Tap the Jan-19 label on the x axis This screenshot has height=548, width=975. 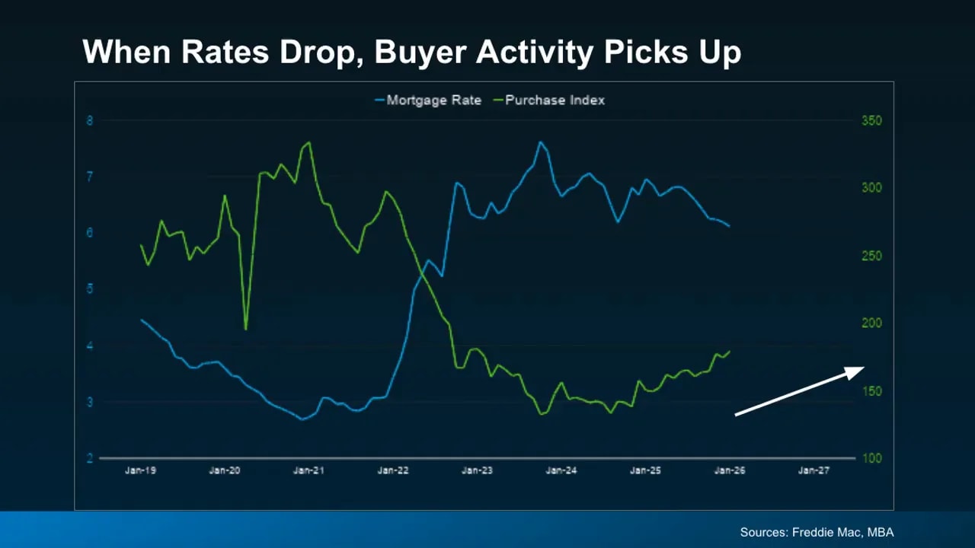point(140,470)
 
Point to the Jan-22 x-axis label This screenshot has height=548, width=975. point(393,470)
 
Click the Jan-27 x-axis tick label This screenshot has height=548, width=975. point(814,470)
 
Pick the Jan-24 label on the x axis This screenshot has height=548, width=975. point(561,470)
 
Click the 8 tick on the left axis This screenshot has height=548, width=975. point(90,120)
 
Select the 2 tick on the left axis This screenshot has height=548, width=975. point(90,458)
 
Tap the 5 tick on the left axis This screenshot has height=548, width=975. point(90,289)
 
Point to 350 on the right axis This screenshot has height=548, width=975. point(871,120)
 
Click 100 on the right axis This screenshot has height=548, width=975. point(871,458)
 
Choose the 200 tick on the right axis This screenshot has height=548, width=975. point(871,323)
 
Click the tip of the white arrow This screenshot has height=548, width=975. point(864,368)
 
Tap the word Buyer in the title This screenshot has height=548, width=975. point(420,53)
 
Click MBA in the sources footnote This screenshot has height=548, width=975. point(880,533)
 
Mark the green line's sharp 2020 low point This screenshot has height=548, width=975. point(245,329)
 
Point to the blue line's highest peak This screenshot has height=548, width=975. point(540,142)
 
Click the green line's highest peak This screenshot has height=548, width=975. point(308,142)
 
